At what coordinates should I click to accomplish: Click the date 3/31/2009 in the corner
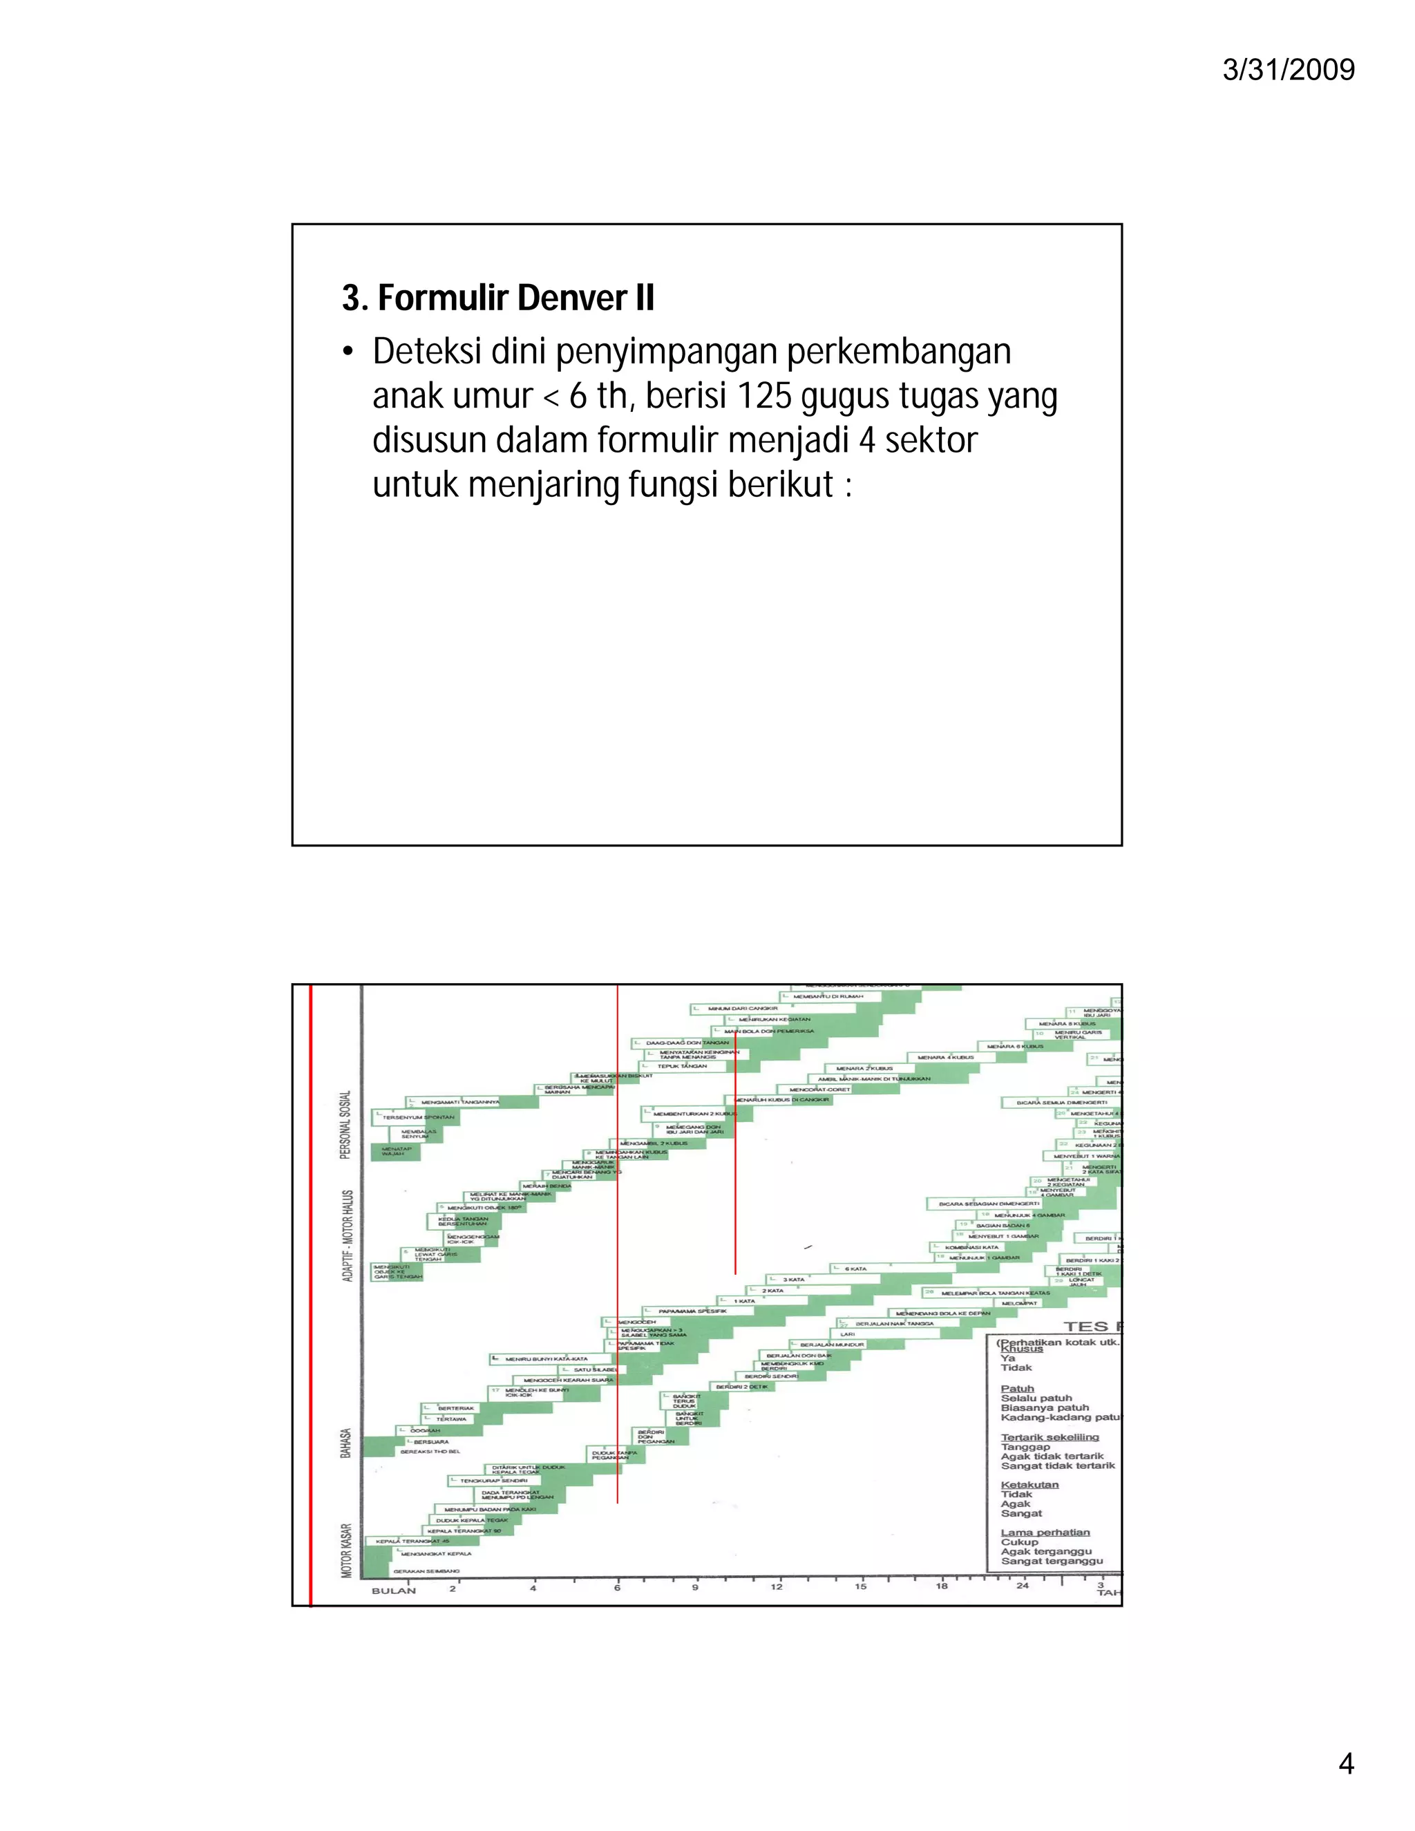1288,70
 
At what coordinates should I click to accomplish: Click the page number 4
1345,1764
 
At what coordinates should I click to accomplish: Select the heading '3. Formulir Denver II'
498,298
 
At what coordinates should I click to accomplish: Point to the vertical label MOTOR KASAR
347,1550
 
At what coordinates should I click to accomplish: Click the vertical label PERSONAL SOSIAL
345,1124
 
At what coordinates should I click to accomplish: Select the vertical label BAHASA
345,1443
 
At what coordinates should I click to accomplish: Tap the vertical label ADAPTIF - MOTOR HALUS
347,1235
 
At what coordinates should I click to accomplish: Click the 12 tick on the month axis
776,1586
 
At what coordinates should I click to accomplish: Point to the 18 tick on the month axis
942,1586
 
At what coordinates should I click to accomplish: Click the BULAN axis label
393,1591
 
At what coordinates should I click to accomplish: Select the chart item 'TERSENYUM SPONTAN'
418,1117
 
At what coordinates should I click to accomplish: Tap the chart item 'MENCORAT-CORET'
819,1090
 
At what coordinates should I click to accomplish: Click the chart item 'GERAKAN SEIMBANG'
426,1571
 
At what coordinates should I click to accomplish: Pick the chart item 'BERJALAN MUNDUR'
832,1345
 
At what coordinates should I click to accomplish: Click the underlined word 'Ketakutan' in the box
1029,1485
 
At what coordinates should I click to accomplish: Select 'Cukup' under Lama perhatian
1019,1541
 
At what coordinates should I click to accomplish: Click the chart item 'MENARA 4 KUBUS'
946,1057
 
